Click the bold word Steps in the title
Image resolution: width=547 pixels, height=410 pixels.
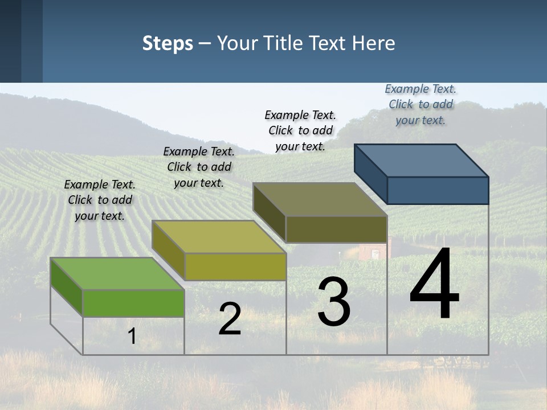point(168,43)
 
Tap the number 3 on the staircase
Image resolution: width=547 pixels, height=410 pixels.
point(333,302)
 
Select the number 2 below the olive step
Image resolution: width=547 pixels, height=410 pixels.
point(230,319)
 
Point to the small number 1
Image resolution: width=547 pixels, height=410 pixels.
point(132,336)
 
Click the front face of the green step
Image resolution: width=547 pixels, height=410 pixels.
point(133,303)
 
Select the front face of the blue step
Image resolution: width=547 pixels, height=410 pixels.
point(438,190)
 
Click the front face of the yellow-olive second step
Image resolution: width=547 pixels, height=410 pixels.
point(235,266)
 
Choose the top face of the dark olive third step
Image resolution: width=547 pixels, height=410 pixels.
point(320,199)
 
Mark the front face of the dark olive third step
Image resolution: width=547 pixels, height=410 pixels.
point(336,229)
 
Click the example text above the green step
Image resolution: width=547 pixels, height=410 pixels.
point(100,200)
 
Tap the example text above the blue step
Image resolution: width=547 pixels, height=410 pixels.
point(421,104)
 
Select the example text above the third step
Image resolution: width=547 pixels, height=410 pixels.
point(300,130)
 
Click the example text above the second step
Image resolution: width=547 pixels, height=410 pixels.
point(199,167)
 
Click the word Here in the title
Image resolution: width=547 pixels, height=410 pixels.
point(374,43)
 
